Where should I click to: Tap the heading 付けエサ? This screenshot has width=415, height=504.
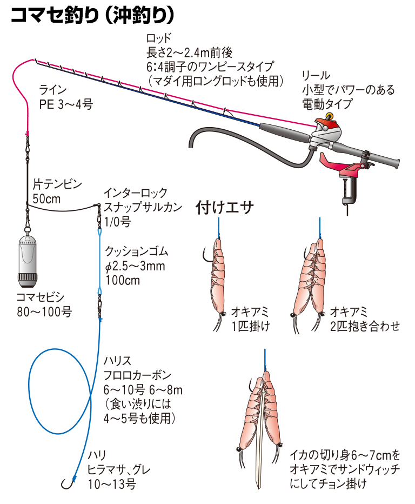224,207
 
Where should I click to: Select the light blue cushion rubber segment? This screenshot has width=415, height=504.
100,260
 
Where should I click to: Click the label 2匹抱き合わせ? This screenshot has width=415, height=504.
365,326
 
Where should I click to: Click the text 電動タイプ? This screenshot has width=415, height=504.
327,104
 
